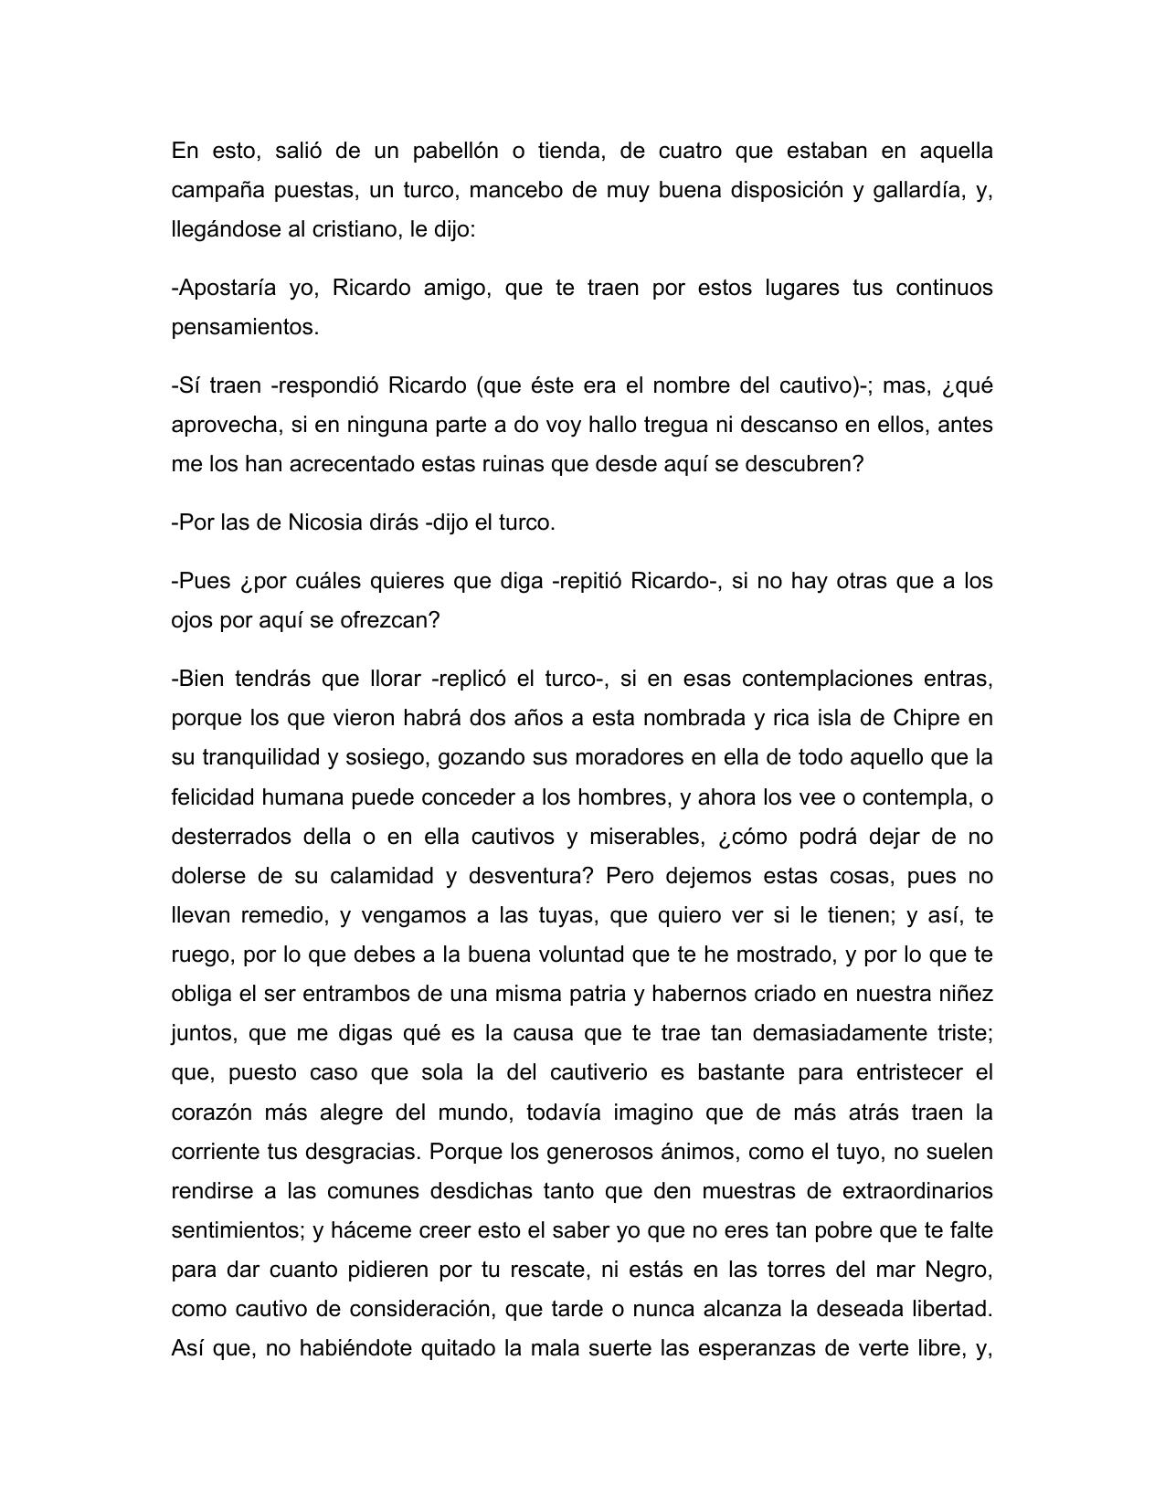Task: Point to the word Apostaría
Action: (224, 288)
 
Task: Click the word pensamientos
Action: (245, 327)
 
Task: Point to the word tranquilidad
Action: (259, 757)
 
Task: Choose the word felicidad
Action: (214, 797)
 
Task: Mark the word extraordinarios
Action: (916, 1191)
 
